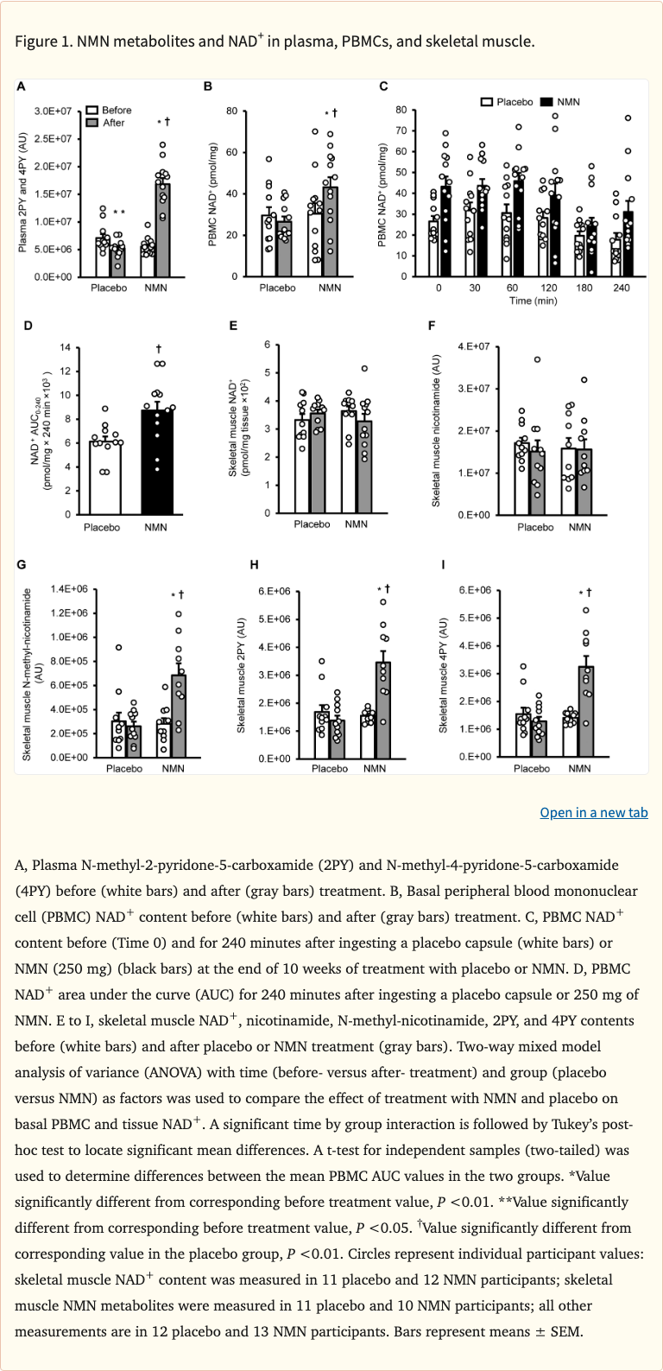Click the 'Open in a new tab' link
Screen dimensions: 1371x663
click(593, 812)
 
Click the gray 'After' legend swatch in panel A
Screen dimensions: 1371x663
click(92, 123)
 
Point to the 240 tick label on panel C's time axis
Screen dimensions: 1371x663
click(621, 288)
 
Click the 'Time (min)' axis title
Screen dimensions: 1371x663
click(533, 301)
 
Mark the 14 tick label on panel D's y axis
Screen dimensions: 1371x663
click(65, 348)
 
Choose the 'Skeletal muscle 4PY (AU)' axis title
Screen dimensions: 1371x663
click(443, 675)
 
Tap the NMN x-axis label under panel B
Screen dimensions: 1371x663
click(330, 288)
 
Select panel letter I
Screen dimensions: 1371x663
click(443, 565)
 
